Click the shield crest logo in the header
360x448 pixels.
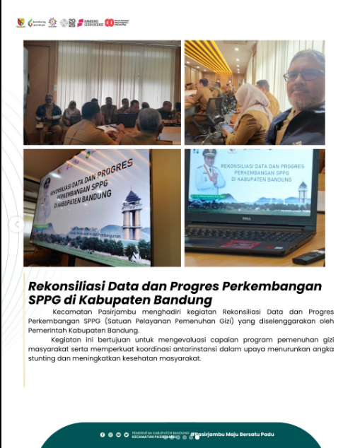[x=21, y=23]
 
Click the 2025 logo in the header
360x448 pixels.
[x=68, y=23]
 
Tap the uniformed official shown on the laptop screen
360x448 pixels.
[x=209, y=174]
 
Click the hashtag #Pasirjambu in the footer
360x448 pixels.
[x=212, y=434]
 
